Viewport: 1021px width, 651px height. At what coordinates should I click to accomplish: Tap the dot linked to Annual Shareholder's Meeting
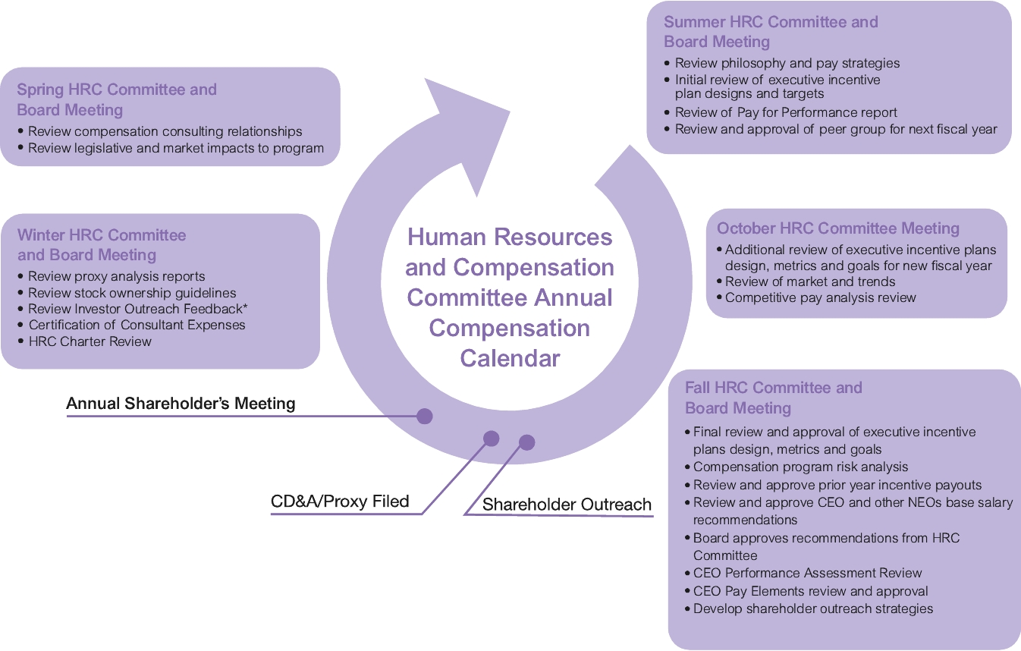(x=424, y=416)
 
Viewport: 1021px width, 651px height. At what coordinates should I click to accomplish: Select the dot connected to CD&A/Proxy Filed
(x=491, y=439)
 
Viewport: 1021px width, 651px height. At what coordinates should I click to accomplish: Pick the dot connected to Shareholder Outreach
(x=526, y=442)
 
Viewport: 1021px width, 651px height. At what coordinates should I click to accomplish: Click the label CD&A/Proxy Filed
(x=340, y=501)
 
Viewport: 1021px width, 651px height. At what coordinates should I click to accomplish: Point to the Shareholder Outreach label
(x=567, y=505)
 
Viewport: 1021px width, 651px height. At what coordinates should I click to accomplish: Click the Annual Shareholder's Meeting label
(x=181, y=404)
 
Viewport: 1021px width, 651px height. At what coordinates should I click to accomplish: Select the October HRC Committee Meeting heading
(x=837, y=228)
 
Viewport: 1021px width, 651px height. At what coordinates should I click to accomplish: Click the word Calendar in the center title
(x=510, y=358)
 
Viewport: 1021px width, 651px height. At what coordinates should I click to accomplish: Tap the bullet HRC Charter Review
(x=90, y=341)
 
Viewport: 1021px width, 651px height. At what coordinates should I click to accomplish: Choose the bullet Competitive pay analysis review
(x=821, y=297)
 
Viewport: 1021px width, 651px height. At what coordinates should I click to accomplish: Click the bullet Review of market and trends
(x=810, y=281)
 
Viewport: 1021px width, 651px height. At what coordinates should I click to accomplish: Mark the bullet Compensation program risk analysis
(x=800, y=467)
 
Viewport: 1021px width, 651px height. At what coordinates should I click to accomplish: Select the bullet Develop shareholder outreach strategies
(x=812, y=609)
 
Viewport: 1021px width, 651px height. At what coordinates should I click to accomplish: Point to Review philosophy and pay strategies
(x=787, y=63)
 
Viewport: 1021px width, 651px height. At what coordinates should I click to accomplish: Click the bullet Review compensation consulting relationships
(x=165, y=131)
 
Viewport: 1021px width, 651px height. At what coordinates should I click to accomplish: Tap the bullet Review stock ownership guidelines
(x=132, y=293)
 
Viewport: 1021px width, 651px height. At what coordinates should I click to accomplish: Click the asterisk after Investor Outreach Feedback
(x=245, y=307)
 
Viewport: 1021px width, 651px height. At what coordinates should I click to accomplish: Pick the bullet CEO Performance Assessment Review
(x=807, y=573)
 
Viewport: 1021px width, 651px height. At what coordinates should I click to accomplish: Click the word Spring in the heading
(x=40, y=90)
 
